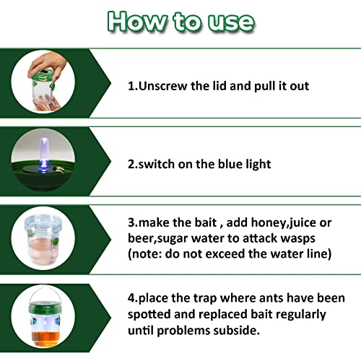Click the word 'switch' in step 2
[157, 164]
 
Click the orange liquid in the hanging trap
[50, 333]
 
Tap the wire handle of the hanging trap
[50, 298]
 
